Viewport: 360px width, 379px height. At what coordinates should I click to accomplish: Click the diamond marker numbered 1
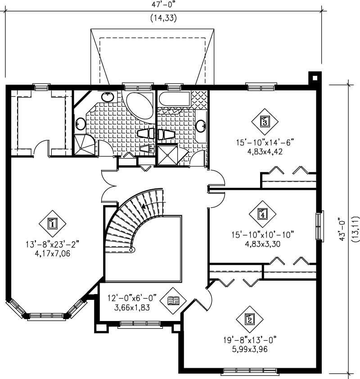click(x=52, y=223)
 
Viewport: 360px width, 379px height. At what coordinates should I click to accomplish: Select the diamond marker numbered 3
click(x=265, y=121)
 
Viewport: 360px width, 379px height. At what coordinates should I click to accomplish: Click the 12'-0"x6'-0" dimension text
click(x=132, y=298)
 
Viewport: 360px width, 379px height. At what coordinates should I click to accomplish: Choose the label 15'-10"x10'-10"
click(x=263, y=234)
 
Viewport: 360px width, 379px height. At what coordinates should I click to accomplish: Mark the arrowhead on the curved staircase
click(x=144, y=206)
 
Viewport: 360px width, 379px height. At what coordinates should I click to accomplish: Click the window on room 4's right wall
click(x=319, y=225)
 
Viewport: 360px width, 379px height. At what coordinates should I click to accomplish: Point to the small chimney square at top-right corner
click(x=314, y=77)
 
